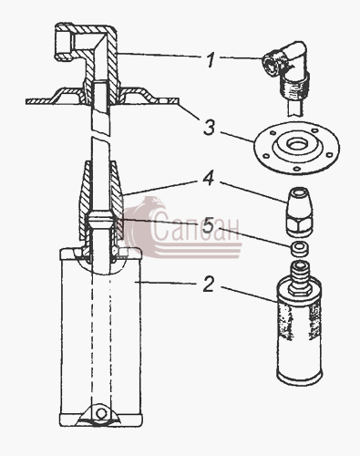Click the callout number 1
point(211,60)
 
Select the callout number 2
point(209,285)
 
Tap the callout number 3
point(210,128)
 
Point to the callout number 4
point(209,179)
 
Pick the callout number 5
point(209,225)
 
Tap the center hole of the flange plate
point(296,143)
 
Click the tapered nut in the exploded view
point(299,212)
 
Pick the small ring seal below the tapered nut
point(299,247)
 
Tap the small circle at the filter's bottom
point(101,413)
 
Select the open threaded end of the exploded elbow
point(270,62)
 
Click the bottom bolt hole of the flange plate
point(295,169)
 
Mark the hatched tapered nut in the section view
point(101,201)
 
